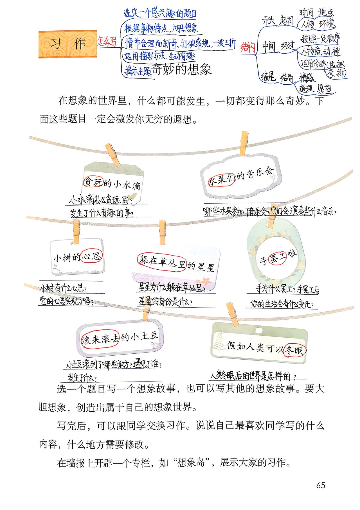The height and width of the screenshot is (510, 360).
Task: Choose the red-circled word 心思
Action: [91, 256]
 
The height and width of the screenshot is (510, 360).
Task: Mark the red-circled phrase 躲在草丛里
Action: [162, 262]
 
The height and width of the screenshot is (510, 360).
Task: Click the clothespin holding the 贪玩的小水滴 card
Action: [112, 154]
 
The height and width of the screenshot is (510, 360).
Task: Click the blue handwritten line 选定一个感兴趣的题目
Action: [160, 13]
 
